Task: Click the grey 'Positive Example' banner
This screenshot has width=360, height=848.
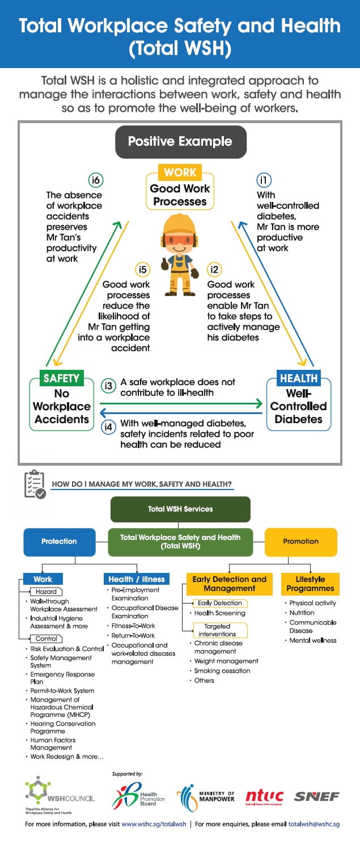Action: point(180,141)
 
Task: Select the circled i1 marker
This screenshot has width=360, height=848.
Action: point(264,180)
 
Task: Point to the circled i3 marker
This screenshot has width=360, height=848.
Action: point(108,386)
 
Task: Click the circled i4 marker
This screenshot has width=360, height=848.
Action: point(108,427)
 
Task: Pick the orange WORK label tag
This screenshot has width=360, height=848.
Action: point(180,172)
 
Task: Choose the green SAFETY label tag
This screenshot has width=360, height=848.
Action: point(61,378)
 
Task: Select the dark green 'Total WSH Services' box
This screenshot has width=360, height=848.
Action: point(180,509)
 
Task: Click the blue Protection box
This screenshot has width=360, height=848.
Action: point(59,541)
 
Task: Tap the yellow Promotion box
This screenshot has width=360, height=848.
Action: point(300,541)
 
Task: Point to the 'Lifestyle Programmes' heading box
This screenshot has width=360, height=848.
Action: point(310,584)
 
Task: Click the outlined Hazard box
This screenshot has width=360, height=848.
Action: point(46,592)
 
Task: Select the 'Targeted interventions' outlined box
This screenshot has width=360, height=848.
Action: point(217,630)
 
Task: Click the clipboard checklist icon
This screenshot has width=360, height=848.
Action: point(35,484)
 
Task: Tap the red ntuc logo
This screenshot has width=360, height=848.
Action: point(264,797)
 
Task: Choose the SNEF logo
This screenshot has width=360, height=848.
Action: point(316,797)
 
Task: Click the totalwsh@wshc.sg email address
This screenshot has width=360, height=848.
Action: point(314,824)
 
